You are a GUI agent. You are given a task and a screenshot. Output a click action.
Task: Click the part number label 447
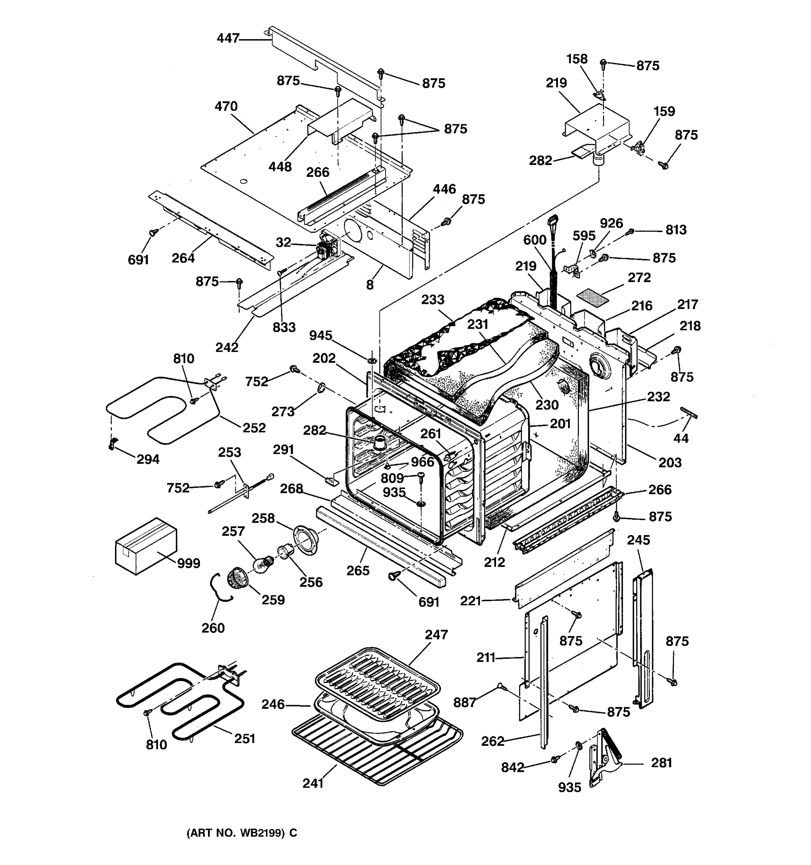click(228, 38)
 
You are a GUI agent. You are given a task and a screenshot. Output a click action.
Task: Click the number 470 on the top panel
click(226, 106)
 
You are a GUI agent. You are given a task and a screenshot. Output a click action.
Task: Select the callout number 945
click(321, 336)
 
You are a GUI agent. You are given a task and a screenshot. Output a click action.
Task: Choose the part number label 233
click(433, 300)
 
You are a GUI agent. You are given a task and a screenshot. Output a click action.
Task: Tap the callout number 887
click(465, 702)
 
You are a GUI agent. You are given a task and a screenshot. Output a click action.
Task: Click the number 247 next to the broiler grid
click(436, 634)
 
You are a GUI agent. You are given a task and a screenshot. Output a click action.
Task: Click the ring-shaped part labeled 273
click(321, 387)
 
